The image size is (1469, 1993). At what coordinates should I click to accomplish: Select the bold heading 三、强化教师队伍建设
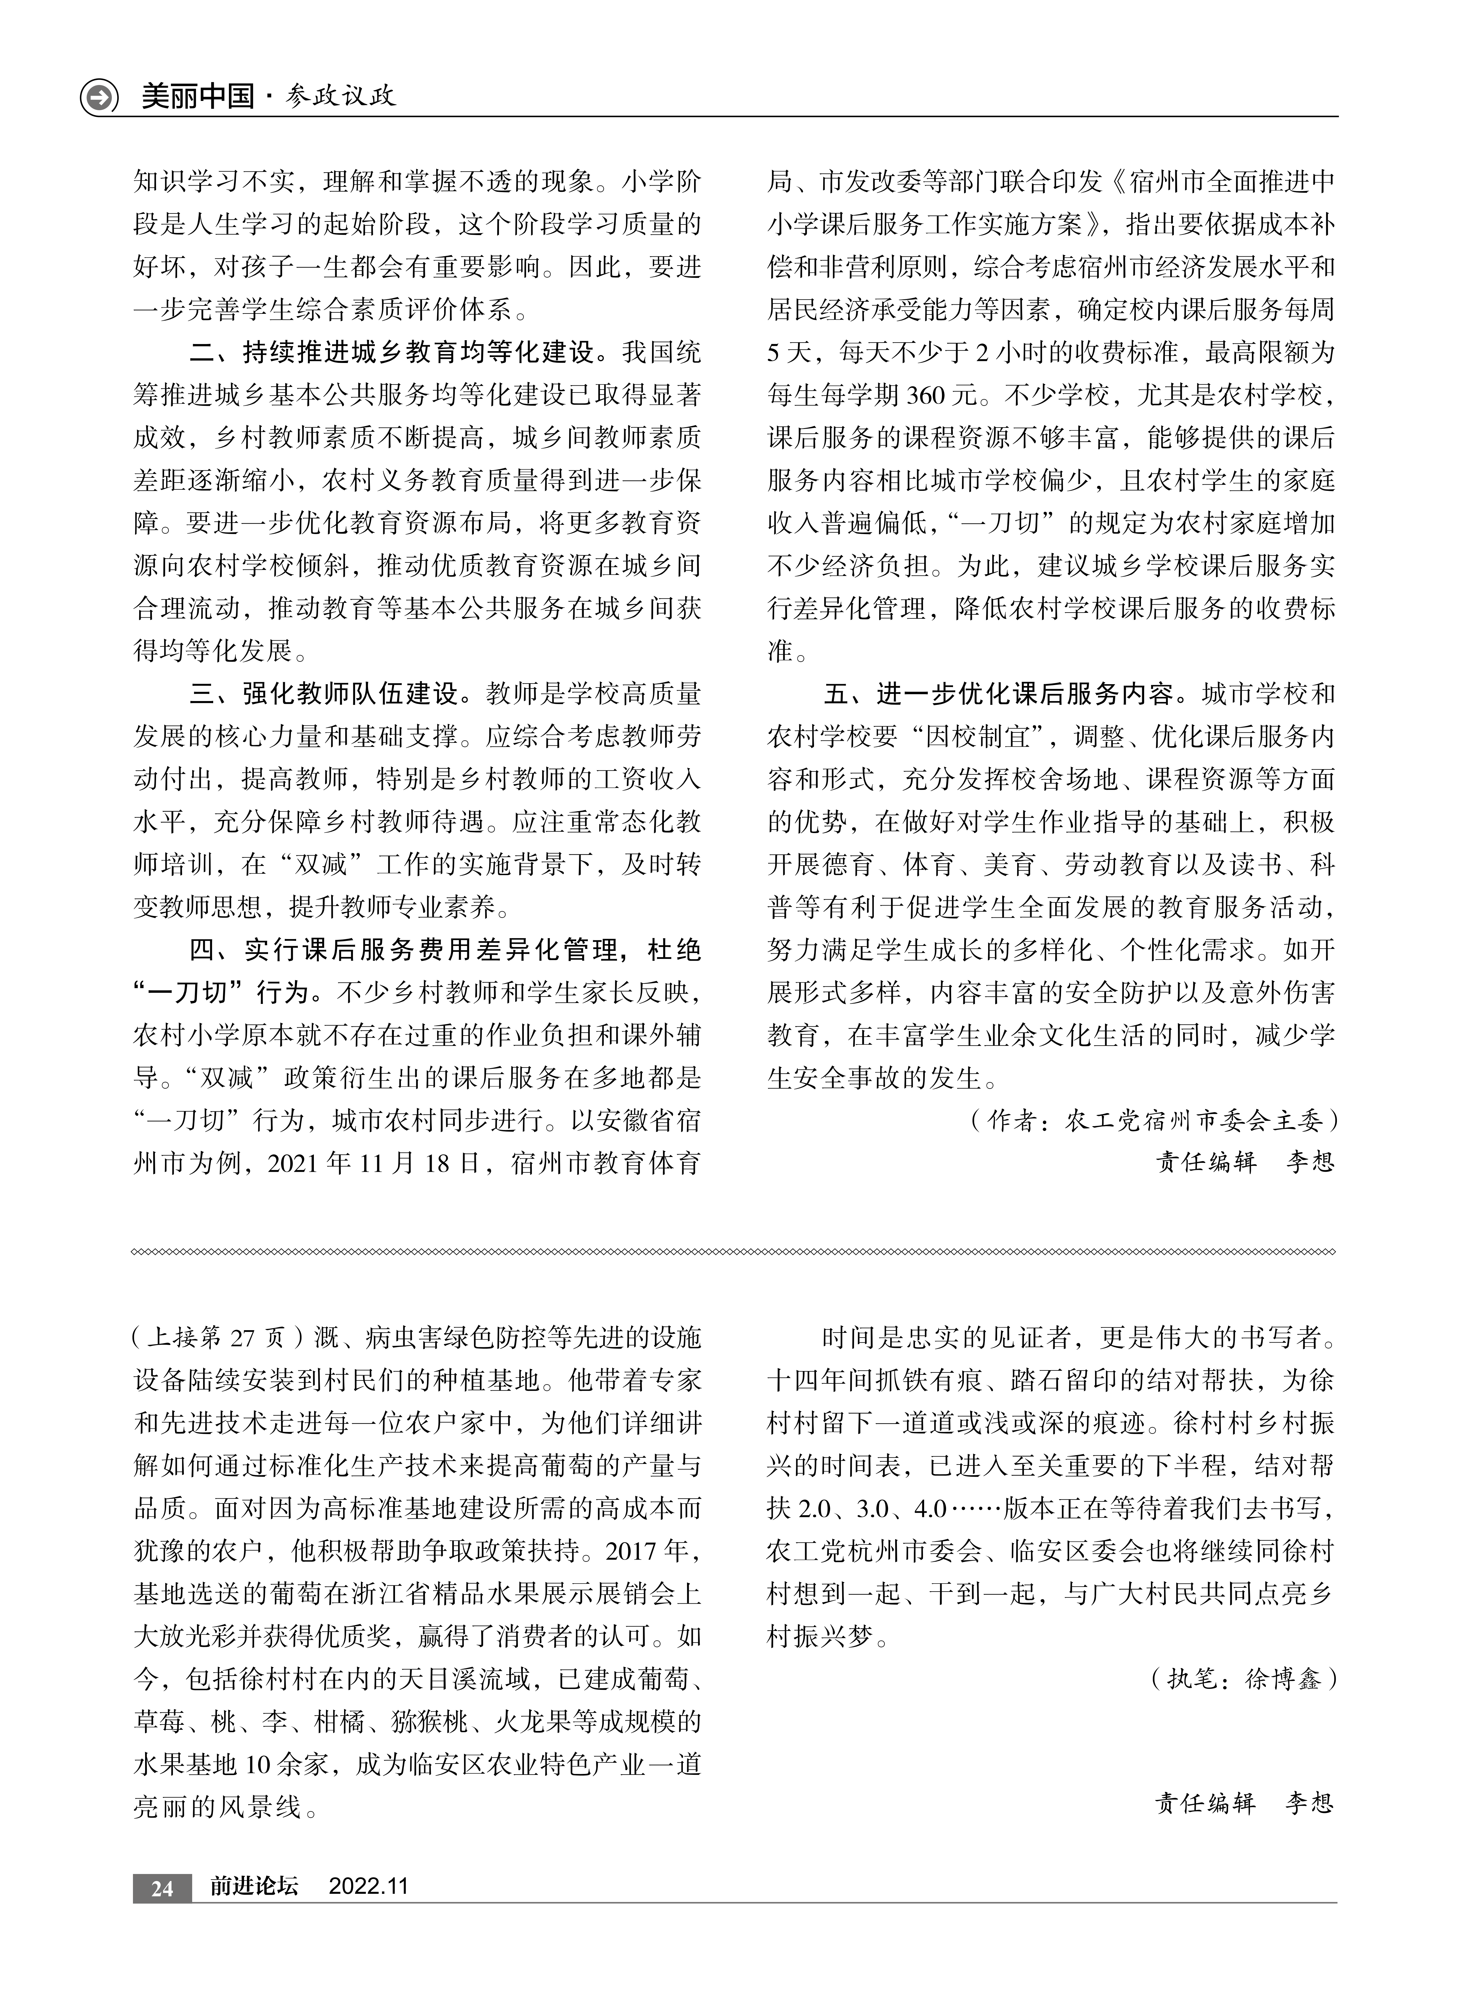[x=325, y=693]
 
